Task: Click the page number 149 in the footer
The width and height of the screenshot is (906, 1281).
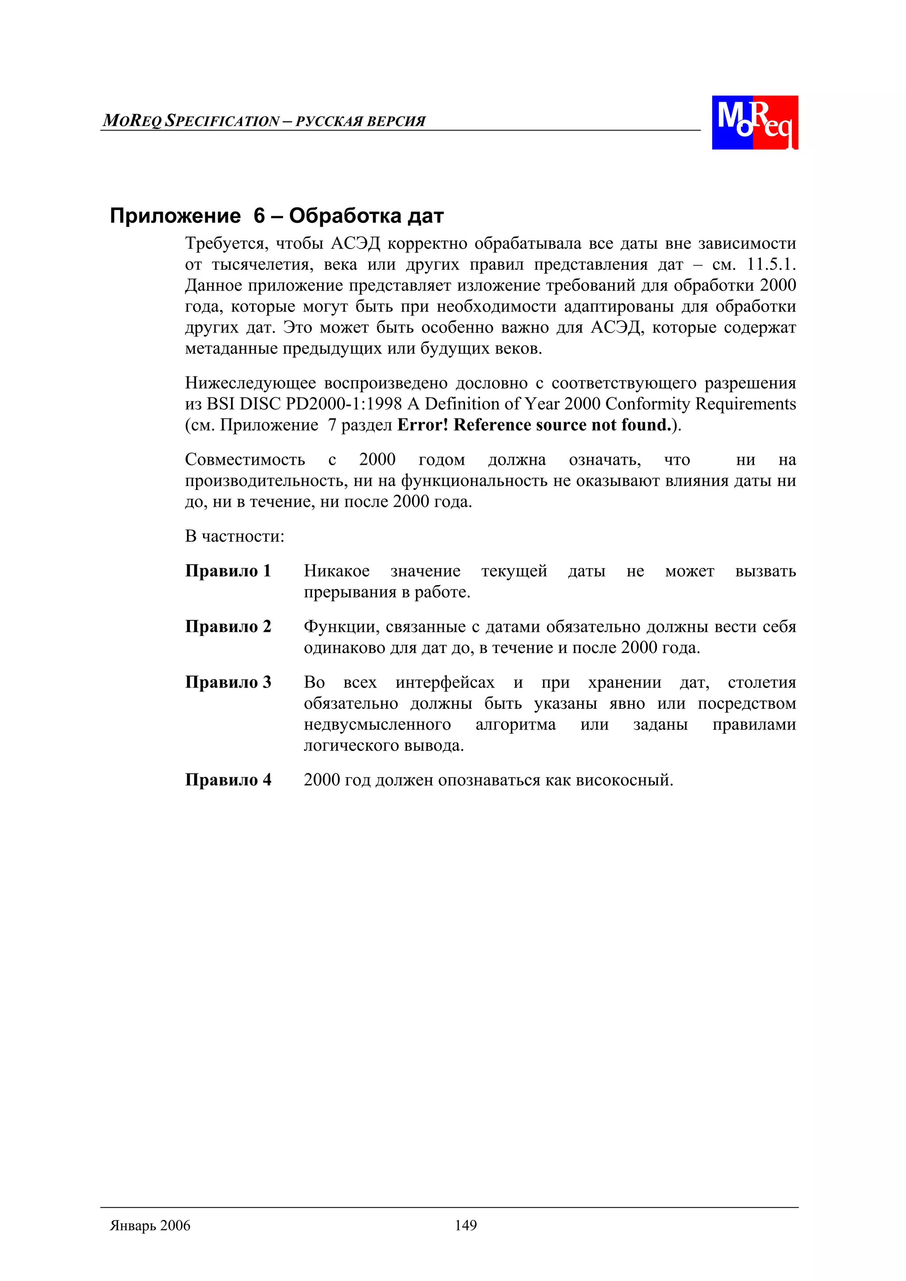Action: (465, 1225)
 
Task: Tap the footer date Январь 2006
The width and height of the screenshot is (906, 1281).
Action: (150, 1226)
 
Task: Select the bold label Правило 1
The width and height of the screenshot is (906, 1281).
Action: (228, 571)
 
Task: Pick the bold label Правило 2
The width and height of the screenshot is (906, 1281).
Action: (228, 627)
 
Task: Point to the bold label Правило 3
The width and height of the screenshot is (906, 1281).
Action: (228, 682)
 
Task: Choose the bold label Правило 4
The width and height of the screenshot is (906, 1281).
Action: (228, 780)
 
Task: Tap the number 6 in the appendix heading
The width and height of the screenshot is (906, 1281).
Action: (259, 216)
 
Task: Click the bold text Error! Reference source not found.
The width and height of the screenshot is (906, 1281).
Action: (534, 425)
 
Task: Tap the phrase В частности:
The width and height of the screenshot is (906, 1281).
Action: (234, 537)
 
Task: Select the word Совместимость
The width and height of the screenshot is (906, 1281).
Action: (245, 460)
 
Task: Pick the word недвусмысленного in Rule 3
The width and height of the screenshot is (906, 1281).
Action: (377, 725)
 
